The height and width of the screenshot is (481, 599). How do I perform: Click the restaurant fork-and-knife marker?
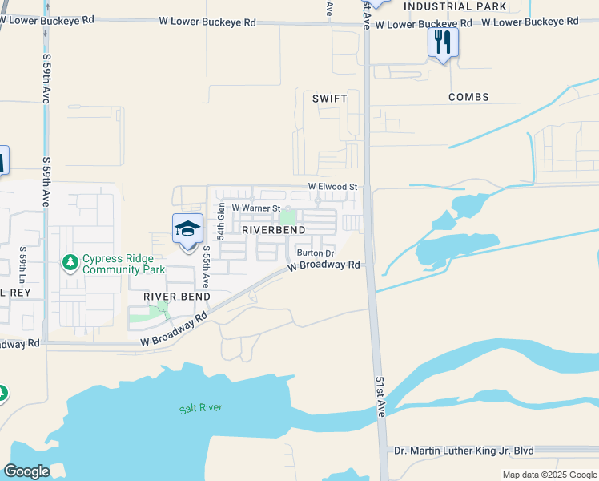443,42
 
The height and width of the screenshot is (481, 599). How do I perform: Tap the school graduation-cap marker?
187,230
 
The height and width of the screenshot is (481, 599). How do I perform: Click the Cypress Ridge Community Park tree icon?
70,262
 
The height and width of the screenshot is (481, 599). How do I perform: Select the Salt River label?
200,408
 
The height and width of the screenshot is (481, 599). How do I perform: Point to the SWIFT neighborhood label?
330,99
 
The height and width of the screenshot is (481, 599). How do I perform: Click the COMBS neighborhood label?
468,97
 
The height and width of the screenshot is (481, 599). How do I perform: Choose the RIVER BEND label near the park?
176,297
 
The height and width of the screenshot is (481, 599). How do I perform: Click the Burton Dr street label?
315,253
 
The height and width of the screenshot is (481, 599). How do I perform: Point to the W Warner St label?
255,208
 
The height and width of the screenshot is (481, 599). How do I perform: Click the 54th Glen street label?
221,221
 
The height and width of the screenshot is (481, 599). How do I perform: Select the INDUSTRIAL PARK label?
455,6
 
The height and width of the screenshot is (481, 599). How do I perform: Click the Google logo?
26,471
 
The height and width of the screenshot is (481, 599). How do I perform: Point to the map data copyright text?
549,475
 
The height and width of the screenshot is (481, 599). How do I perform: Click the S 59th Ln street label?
23,264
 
